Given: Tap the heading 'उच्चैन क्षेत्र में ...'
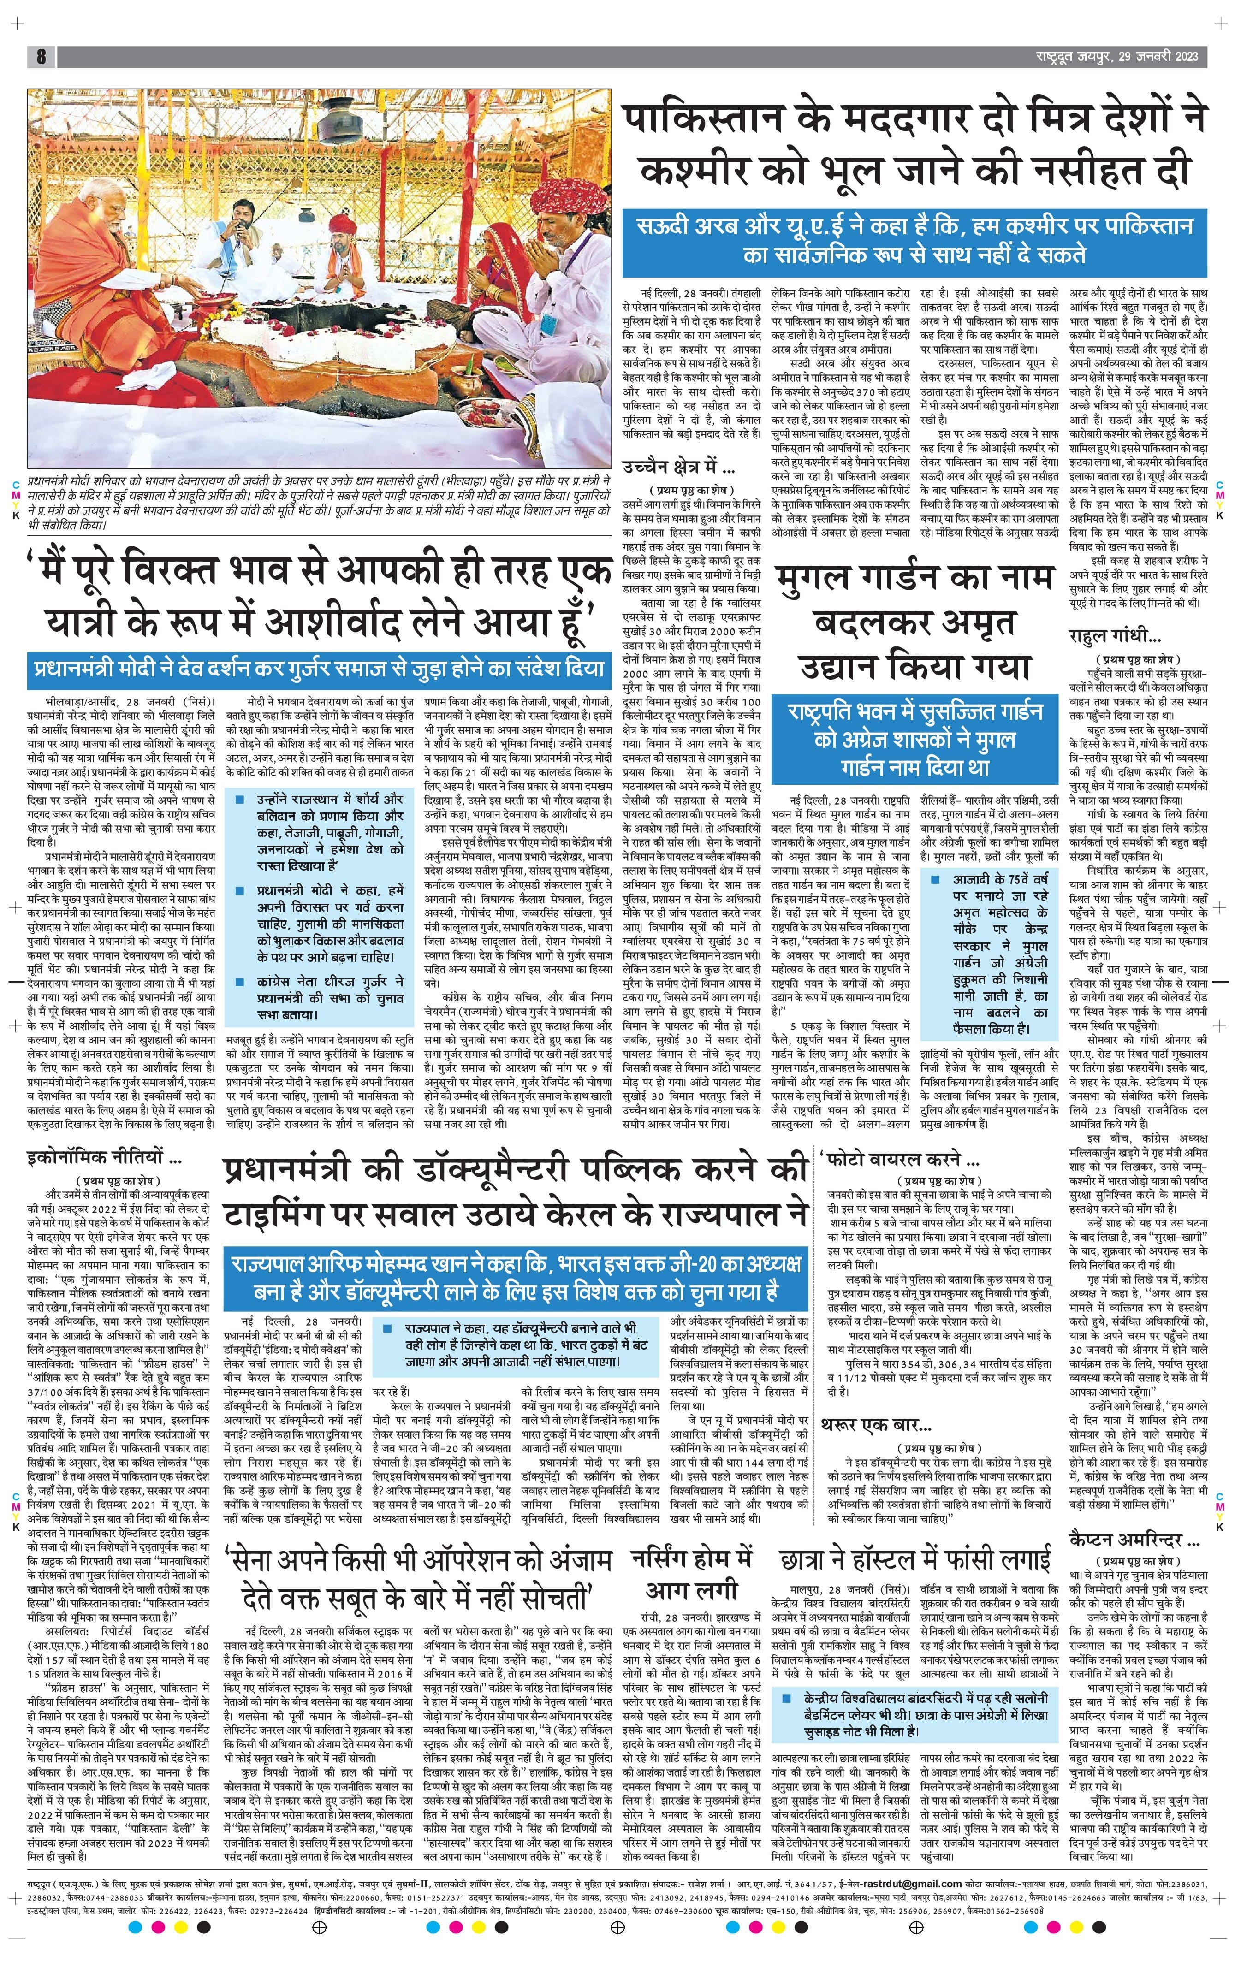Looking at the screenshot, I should coord(678,468).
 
